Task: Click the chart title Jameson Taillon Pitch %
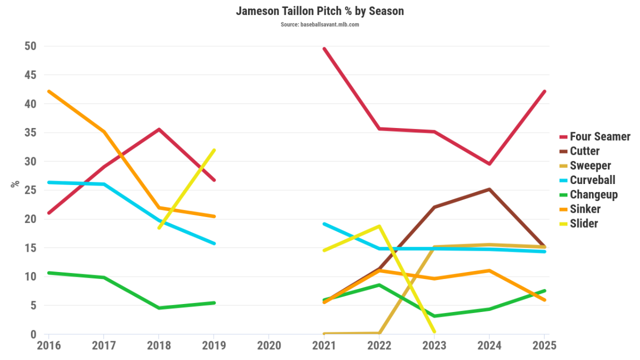[320, 11]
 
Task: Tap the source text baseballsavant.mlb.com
[320, 25]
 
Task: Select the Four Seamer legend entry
[599, 137]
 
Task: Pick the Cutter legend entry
[585, 151]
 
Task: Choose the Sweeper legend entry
[590, 165]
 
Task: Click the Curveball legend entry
[592, 180]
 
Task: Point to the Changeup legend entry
[594, 194]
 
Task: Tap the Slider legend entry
[583, 223]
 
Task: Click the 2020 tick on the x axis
[269, 345]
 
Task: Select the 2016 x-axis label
[49, 345]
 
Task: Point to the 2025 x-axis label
[543, 345]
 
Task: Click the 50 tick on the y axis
[30, 46]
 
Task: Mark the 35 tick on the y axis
[30, 133]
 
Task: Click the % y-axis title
[15, 184]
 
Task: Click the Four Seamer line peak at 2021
[324, 49]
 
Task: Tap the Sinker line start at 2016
[49, 91]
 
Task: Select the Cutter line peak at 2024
[489, 189]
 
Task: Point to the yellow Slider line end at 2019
[214, 150]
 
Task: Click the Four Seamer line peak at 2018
[159, 129]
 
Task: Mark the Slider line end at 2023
[434, 332]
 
